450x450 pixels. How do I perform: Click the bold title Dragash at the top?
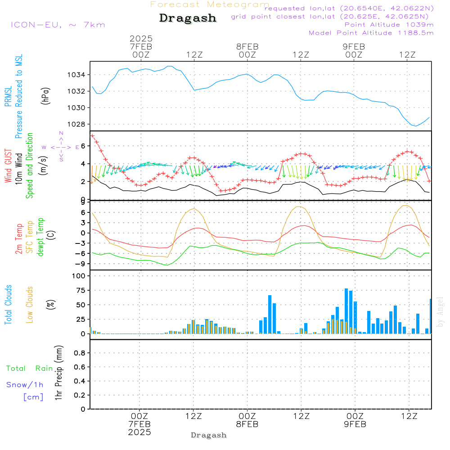tap(188, 18)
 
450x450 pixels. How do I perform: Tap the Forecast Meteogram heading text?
tap(210, 4)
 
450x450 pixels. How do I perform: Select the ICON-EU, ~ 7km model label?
tap(58, 25)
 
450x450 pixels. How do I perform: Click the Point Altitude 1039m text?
tap(389, 25)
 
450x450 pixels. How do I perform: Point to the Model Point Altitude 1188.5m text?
tap(371, 33)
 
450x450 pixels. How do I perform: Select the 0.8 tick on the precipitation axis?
tap(80, 353)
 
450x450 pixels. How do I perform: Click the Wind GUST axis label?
tap(8, 166)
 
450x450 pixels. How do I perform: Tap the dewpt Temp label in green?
tap(41, 237)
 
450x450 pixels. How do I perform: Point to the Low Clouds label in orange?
tap(30, 304)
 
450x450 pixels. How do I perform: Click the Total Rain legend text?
tap(30, 368)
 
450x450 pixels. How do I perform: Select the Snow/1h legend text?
tap(25, 385)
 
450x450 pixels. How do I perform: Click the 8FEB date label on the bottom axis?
tap(247, 424)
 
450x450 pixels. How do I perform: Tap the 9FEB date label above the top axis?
tap(354, 46)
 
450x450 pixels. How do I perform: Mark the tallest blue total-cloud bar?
tap(346, 311)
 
